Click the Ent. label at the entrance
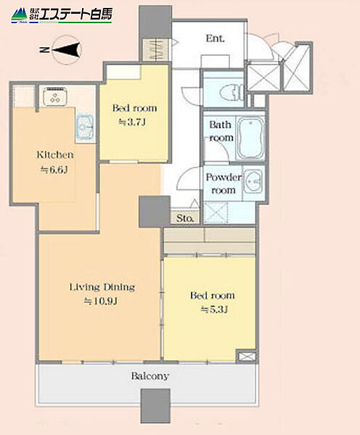coord(215,38)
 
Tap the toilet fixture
coord(234,92)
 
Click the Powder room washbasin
coord(253,182)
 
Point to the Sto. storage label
coord(185,218)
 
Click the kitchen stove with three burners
coord(55,96)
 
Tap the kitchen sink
coord(85,127)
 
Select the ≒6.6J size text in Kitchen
coord(54,170)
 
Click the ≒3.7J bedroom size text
coord(132,122)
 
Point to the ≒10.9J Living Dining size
coord(101,301)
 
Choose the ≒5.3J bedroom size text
coord(214,309)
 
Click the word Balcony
coord(150,376)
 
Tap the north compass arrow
coord(67,50)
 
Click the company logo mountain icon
coord(19,16)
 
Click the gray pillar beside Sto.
coord(155,212)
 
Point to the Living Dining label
coord(102,287)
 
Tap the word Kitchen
coord(55,155)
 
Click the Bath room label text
coord(221,131)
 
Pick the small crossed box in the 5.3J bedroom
coord(246,357)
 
